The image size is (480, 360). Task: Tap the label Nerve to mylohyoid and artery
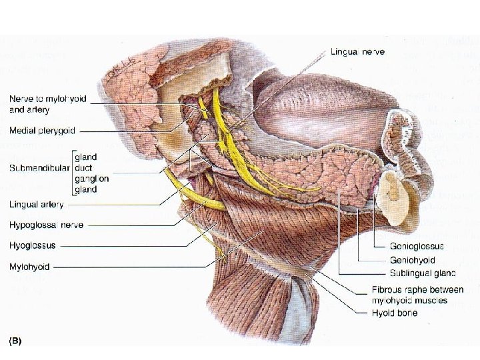click(47, 104)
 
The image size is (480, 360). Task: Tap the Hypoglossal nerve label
click(46, 225)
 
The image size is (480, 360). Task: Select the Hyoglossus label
click(34, 246)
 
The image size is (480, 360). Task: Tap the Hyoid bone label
click(395, 312)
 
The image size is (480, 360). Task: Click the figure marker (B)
click(15, 341)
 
